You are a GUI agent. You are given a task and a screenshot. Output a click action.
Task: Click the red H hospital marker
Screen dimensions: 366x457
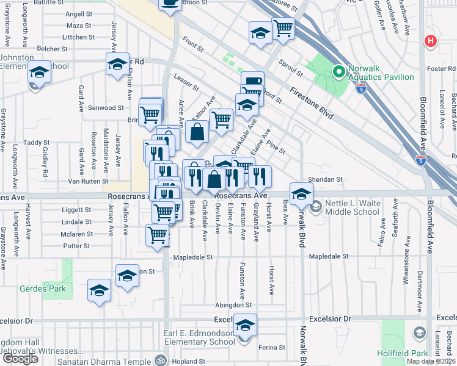[431, 41]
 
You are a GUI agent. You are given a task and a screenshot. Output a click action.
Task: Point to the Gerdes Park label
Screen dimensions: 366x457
[42, 289]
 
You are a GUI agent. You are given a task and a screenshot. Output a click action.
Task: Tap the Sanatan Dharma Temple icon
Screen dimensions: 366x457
[161, 360]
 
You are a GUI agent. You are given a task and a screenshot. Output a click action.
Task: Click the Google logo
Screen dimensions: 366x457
[20, 359]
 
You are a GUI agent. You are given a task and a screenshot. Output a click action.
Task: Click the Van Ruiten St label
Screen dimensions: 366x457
[87, 181]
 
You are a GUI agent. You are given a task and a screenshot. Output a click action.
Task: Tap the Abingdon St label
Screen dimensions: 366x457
[233, 305]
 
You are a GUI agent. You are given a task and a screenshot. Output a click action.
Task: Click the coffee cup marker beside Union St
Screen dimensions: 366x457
[170, 4]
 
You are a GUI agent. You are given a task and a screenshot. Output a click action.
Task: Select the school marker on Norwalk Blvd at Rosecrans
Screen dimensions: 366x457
[301, 195]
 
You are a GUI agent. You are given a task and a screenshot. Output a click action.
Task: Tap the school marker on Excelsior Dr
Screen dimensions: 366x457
[245, 326]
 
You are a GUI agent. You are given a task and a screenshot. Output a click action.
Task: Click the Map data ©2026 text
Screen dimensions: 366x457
[430, 361]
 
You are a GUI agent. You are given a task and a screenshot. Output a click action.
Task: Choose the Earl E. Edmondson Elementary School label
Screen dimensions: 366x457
[191, 342]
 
